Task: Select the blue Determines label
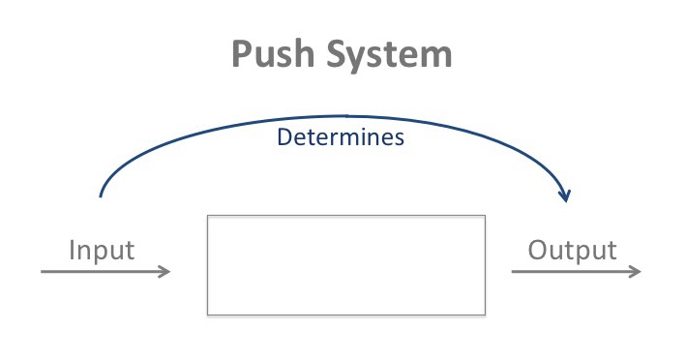coord(340,137)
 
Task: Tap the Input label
coord(102,251)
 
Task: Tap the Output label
coord(572,251)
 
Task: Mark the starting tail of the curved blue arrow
coord(101,196)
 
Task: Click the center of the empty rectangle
coord(346,265)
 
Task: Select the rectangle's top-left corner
coord(208,216)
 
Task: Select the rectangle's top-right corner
coord(485,216)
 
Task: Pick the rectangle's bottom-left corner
coord(208,315)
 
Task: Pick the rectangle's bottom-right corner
coord(485,315)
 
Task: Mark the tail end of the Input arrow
coord(42,272)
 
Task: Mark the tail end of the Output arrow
coord(512,272)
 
